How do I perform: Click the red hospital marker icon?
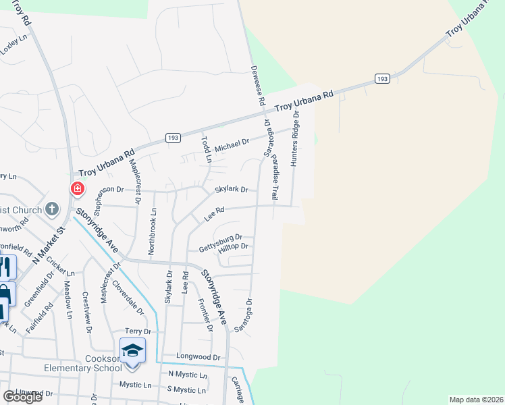coord(78,188)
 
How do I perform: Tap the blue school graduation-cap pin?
coord(133,350)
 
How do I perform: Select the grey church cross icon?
coord(52,209)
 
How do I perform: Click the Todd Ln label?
coord(207,150)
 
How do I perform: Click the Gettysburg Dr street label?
coord(219,239)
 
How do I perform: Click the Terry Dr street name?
coord(140,331)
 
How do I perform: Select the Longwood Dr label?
coord(198,356)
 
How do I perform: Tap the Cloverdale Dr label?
coord(128,298)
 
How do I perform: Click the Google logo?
coord(22,396)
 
